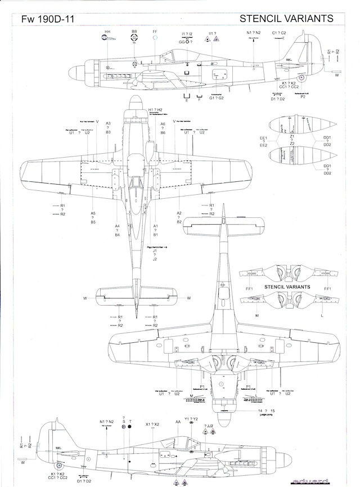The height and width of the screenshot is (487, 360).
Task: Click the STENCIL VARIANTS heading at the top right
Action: coord(286,18)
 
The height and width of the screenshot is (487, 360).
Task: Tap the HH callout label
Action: coord(107,32)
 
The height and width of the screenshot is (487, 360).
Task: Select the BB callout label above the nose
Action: coord(134,32)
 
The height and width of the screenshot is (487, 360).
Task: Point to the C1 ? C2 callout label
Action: coord(279,33)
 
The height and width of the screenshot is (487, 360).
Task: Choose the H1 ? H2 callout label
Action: coord(155,110)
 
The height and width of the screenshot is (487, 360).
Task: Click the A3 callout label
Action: coord(108,123)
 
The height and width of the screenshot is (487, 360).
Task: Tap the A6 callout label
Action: coord(163,123)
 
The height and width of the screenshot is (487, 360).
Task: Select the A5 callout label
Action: coord(93,213)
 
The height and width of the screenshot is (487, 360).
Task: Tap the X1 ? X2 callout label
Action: coord(152,423)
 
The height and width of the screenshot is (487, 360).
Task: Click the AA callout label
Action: coord(178,421)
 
